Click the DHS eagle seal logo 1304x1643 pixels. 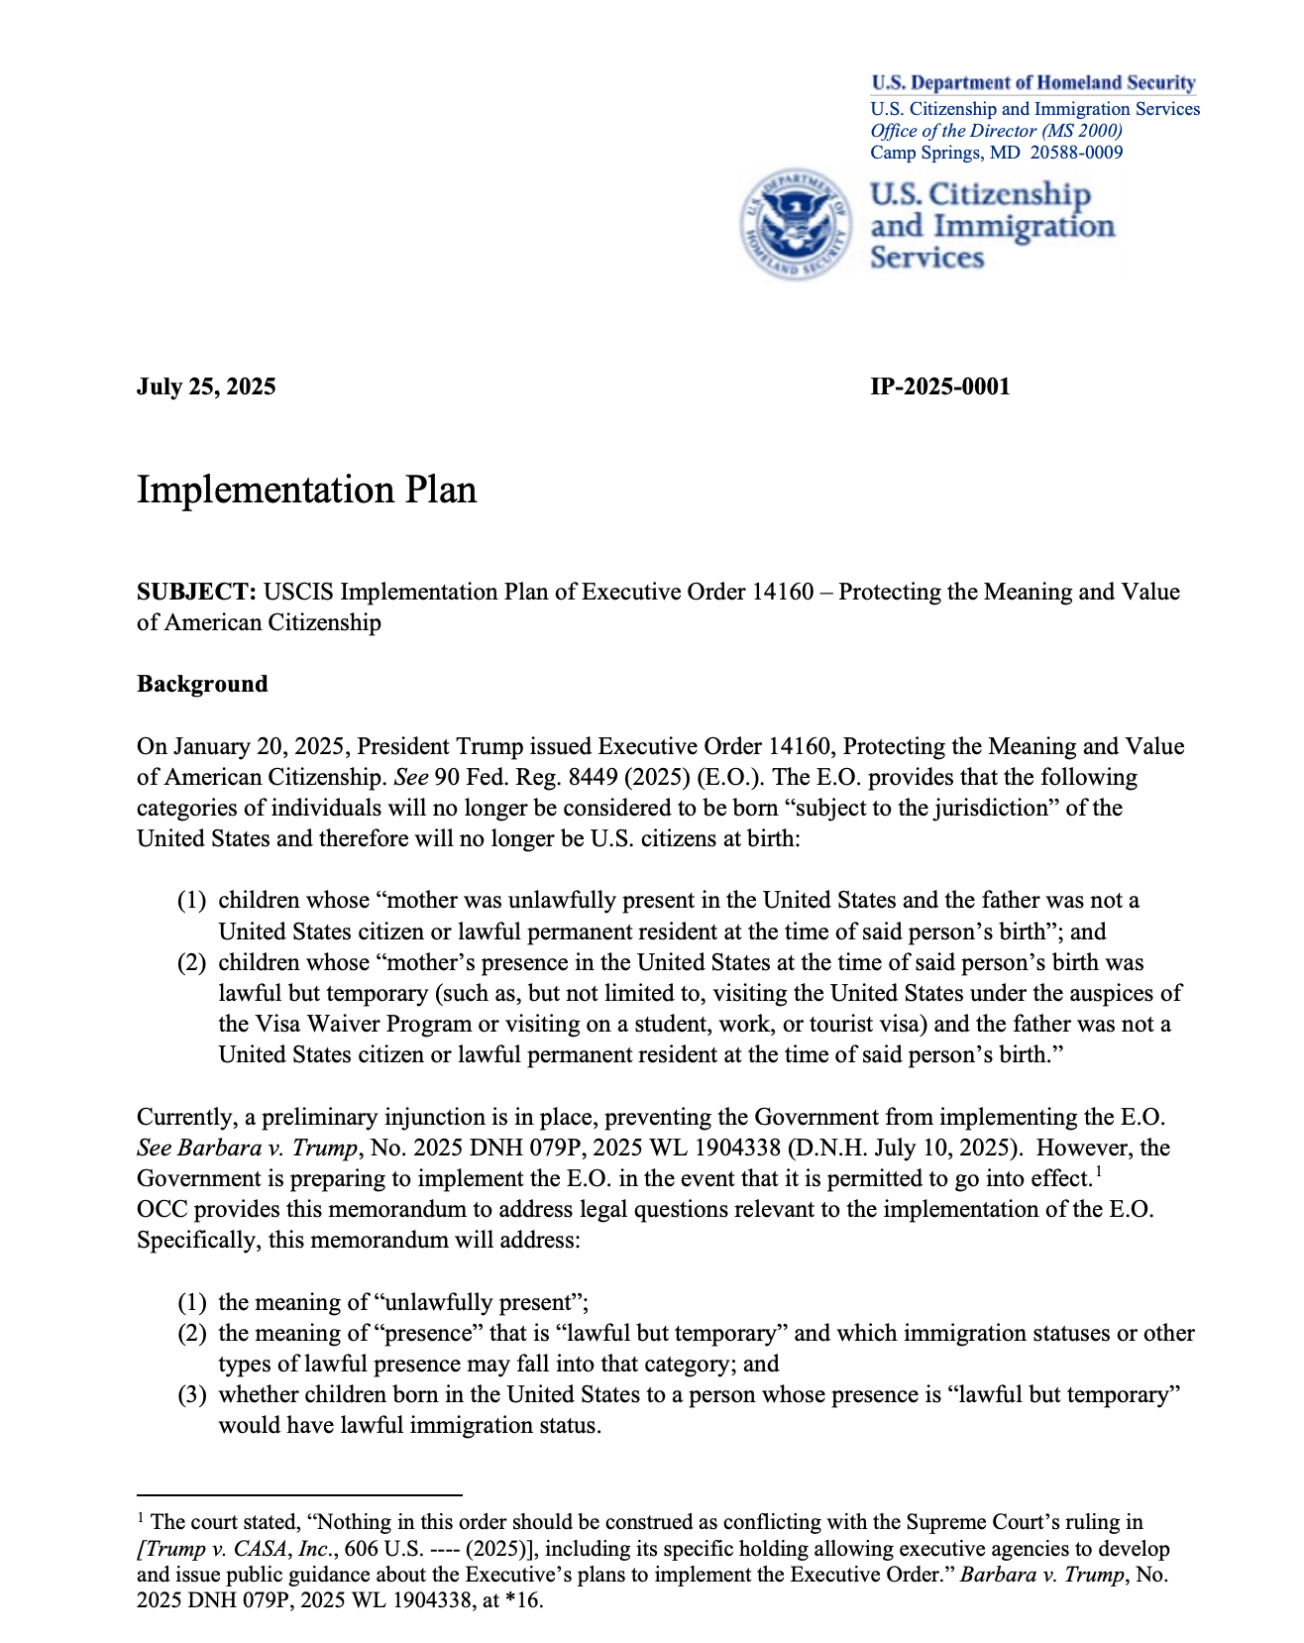796,223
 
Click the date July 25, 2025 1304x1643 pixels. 206,386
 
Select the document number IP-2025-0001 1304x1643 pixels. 939,386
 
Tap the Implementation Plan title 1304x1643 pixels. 306,490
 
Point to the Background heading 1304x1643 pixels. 202,684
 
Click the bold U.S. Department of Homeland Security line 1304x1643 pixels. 1032,83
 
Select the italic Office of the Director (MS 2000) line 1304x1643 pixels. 996,131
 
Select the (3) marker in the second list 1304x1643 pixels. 191,1395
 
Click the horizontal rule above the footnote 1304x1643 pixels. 299,1493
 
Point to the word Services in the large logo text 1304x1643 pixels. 926,258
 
